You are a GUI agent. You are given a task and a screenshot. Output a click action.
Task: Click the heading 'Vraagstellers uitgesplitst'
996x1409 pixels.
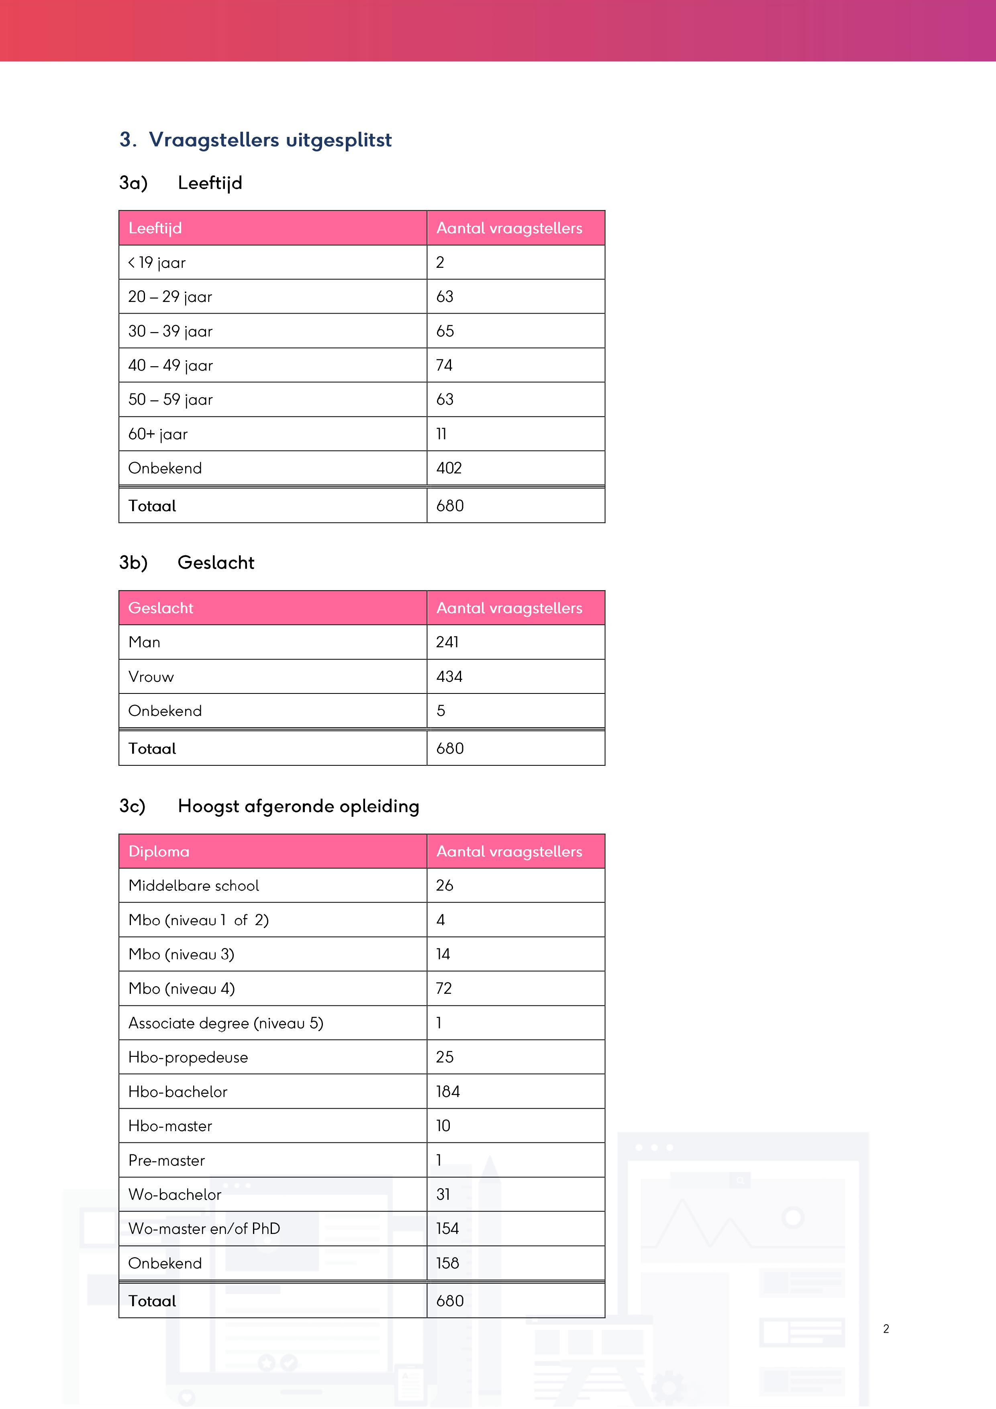pyautogui.click(x=270, y=140)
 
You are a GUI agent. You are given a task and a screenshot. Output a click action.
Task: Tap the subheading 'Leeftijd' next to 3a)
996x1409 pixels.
pyautogui.click(x=210, y=183)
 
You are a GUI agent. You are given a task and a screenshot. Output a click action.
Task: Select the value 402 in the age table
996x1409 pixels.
pyautogui.click(x=449, y=468)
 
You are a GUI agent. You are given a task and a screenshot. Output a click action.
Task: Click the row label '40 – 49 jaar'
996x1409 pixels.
pyautogui.click(x=171, y=366)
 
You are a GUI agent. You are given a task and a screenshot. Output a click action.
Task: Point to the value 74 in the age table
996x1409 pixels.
pyautogui.click(x=444, y=366)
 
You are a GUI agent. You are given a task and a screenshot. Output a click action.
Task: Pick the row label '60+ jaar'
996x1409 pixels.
pyautogui.click(x=158, y=434)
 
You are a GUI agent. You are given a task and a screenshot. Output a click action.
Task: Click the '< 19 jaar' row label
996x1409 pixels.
pyautogui.click(x=157, y=263)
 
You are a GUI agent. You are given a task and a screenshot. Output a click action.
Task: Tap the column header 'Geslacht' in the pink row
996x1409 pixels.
pyautogui.click(x=161, y=608)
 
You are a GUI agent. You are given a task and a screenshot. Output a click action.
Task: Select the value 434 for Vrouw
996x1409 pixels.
pyautogui.click(x=449, y=677)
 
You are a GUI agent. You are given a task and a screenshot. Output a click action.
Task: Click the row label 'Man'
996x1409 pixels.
pyautogui.click(x=144, y=642)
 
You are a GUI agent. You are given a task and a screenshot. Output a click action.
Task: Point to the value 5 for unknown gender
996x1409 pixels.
pyautogui.click(x=441, y=711)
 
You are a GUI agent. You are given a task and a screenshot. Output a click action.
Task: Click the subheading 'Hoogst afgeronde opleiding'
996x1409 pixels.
pyautogui.click(x=298, y=806)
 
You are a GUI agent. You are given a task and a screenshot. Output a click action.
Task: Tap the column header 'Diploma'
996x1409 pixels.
pyautogui.click(x=159, y=852)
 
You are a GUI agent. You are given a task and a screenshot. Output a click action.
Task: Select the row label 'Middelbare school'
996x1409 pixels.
pyautogui.click(x=193, y=885)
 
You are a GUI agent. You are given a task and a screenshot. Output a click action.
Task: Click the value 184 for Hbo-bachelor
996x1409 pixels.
pyautogui.click(x=448, y=1092)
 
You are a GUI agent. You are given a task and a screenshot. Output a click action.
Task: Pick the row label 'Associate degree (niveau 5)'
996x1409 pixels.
pyautogui.click(x=226, y=1023)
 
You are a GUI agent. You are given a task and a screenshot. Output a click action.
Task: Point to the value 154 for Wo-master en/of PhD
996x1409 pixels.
pyautogui.click(x=447, y=1229)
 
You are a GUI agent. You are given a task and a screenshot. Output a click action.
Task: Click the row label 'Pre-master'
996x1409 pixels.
pyautogui.click(x=166, y=1160)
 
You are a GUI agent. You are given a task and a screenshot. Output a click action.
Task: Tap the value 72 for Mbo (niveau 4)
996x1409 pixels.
pyautogui.click(x=444, y=989)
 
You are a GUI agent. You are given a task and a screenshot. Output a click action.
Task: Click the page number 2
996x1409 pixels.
pyautogui.click(x=886, y=1329)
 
